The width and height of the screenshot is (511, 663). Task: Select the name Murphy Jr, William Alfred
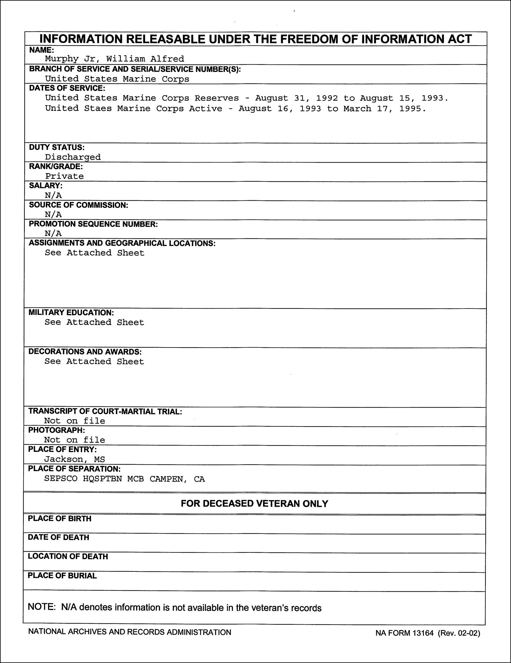115,59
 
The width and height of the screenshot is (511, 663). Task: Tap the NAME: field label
41,50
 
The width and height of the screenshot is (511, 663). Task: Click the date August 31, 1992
296,98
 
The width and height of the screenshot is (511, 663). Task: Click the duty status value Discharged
73,157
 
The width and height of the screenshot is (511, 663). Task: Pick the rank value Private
64,176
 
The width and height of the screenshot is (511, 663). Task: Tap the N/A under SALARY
53,195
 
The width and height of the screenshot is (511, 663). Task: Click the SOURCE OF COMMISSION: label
78,205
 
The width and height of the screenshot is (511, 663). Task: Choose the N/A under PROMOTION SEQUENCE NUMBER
53,234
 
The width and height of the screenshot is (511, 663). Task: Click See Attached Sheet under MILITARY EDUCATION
94,322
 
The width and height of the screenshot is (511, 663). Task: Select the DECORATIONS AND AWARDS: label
85,351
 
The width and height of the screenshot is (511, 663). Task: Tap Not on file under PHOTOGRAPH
74,440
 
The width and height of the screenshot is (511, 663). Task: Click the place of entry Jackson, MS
74,459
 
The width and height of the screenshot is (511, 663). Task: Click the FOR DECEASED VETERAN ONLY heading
254,504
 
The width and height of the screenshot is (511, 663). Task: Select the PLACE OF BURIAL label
62,576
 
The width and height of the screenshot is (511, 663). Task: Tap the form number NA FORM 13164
404,633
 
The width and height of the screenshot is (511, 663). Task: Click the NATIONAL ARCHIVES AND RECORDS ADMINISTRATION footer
130,632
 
